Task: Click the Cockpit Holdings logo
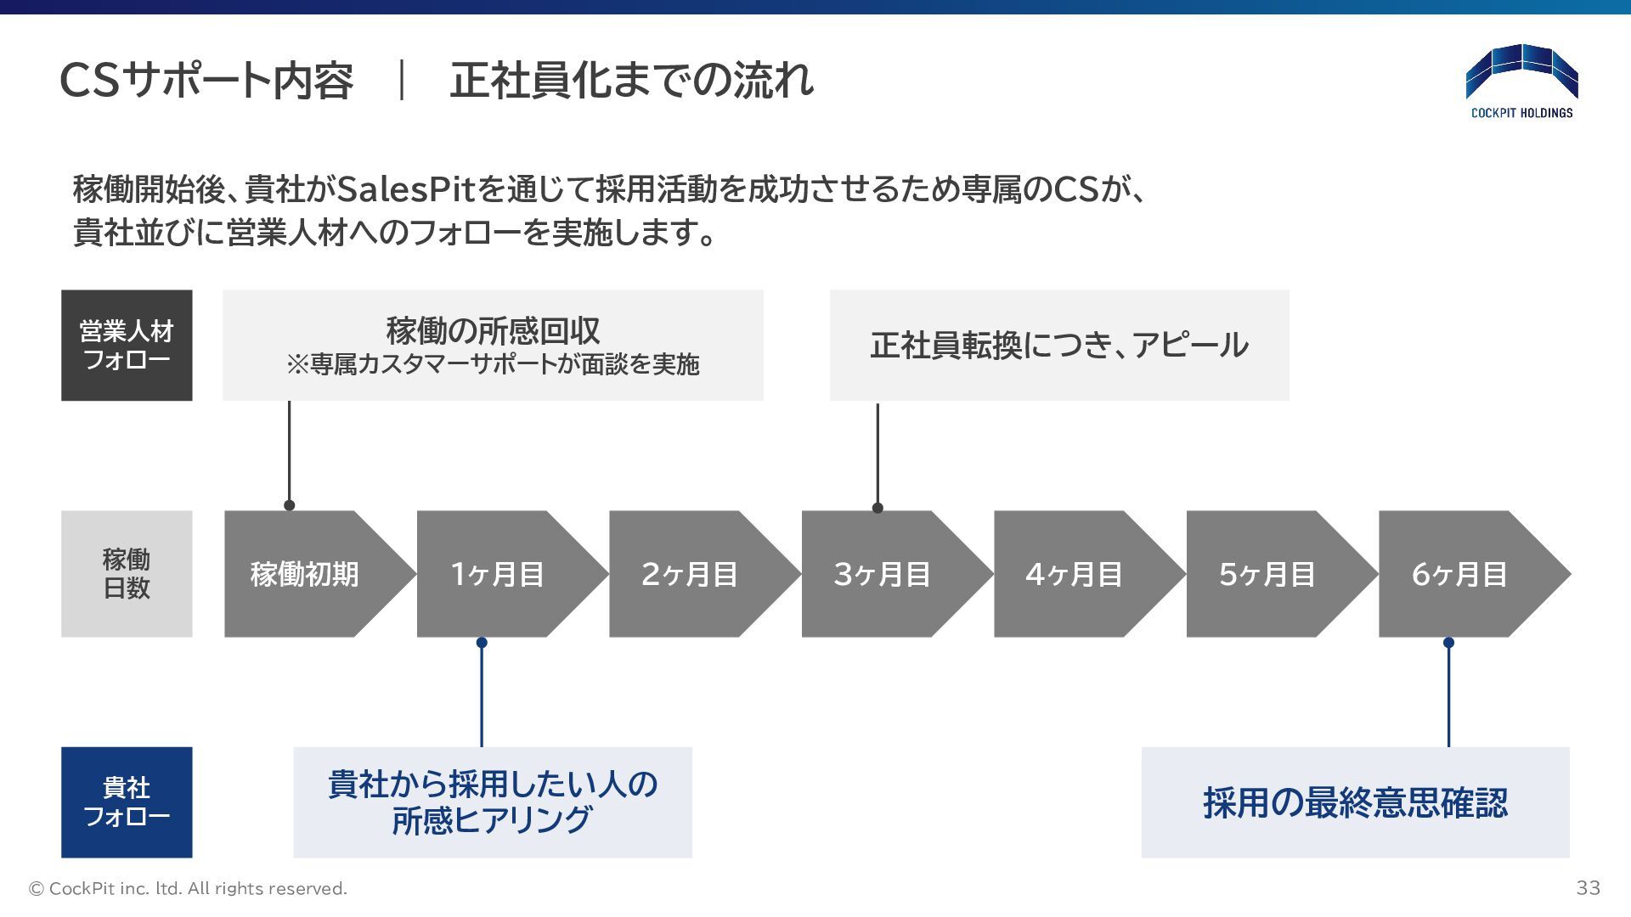coord(1521,82)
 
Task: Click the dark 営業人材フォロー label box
coord(127,345)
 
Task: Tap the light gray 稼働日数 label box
coord(127,574)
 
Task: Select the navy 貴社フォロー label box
coord(127,802)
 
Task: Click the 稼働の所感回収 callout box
coord(493,345)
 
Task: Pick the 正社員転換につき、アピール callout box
coord(1059,345)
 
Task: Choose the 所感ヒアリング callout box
coord(493,802)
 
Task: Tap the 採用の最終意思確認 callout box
coord(1355,802)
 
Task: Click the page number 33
coord(1588,888)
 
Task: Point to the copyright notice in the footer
coord(188,889)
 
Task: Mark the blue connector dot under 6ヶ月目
coord(1448,643)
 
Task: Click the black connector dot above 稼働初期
coord(289,505)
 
